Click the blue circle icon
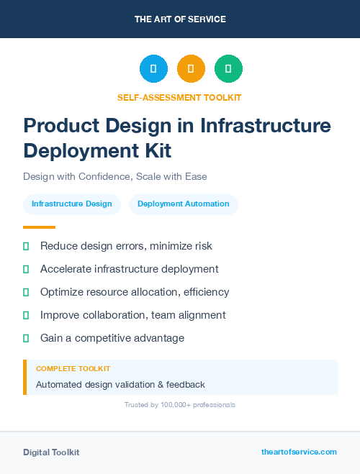pos(153,69)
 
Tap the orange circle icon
pos(191,69)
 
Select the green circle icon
pos(228,69)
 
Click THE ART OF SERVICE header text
pos(180,19)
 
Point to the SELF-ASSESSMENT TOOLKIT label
pos(180,97)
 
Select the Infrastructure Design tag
pos(72,204)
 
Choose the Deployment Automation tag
pos(184,204)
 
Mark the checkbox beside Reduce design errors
pos(26,247)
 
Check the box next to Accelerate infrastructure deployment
pos(26,270)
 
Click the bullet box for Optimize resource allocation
pos(26,293)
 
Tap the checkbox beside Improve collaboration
pos(26,316)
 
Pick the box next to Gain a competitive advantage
pos(26,339)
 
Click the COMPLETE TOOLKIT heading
pos(73,368)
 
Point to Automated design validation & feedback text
pos(120,385)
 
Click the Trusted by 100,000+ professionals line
pos(180,405)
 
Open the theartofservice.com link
pos(299,452)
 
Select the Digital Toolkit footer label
pos(51,452)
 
